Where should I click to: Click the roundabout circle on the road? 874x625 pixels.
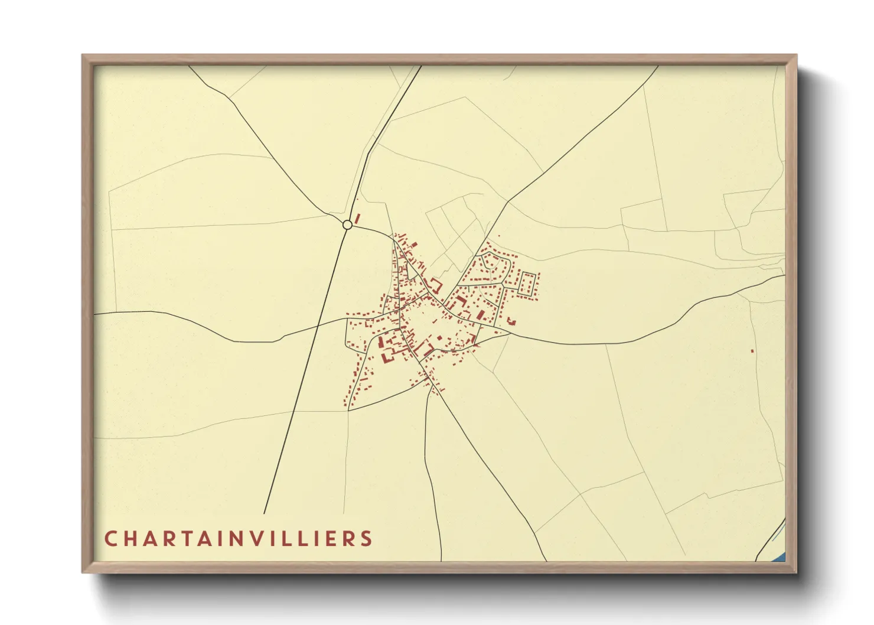(x=347, y=224)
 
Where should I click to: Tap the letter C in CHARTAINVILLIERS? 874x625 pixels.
(x=110, y=539)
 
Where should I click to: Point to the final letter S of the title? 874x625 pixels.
(x=367, y=539)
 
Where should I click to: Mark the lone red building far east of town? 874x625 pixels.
(x=752, y=351)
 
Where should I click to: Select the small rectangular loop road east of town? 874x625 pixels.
(x=527, y=284)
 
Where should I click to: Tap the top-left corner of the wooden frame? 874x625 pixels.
(x=83, y=56)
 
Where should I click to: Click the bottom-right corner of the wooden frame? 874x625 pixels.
(x=795, y=571)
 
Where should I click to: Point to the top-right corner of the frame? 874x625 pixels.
(x=795, y=56)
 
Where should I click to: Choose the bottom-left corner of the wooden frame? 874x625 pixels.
(x=83, y=571)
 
